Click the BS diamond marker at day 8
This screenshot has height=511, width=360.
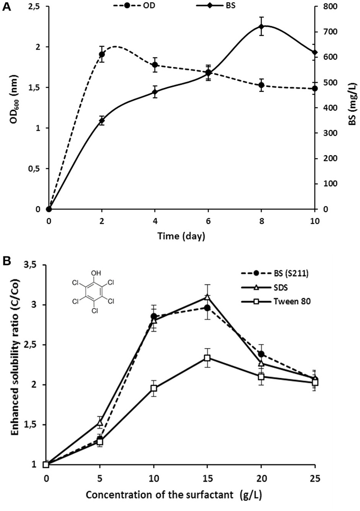(261, 27)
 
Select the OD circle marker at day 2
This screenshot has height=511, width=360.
(102, 54)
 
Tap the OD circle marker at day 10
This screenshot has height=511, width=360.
(314, 89)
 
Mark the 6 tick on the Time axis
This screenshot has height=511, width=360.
(208, 221)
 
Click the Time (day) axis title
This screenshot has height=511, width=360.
(181, 237)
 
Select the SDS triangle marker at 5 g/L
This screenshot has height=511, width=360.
(100, 422)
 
